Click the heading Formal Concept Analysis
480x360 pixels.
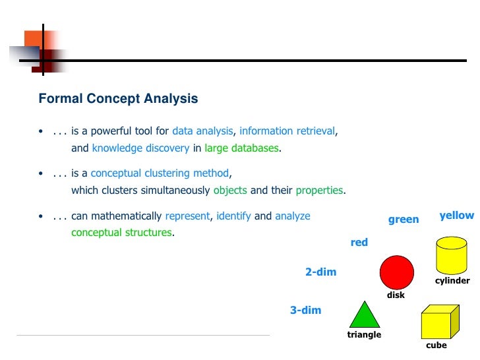pos(118,99)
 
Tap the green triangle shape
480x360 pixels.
pos(365,315)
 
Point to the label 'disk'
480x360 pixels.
pos(396,295)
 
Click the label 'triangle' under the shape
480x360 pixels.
pos(364,335)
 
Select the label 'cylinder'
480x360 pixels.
pos(452,281)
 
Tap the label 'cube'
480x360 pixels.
pos(436,345)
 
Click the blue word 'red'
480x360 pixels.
pos(359,243)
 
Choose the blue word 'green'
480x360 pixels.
pos(403,220)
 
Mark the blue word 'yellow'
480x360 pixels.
pos(456,216)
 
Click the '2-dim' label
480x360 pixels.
pos(320,272)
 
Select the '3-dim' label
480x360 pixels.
pos(305,310)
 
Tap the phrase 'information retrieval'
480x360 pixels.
pos(287,131)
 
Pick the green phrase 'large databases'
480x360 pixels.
pos(241,148)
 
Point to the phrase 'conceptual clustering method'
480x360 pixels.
pos(160,173)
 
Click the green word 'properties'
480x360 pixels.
pos(319,191)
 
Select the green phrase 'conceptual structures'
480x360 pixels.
pos(121,233)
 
